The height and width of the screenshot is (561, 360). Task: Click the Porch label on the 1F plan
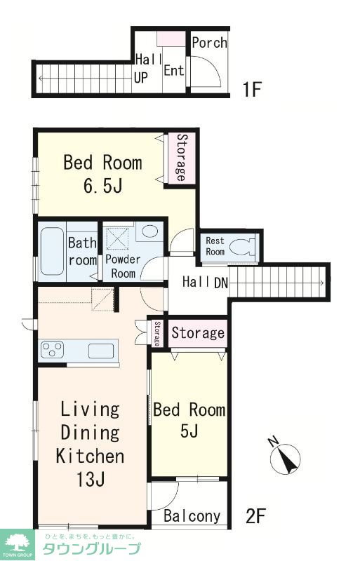(209, 43)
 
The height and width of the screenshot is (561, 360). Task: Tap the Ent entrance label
(174, 70)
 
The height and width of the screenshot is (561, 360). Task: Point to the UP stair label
(141, 78)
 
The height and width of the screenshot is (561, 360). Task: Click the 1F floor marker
(252, 89)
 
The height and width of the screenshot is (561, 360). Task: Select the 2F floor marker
(255, 516)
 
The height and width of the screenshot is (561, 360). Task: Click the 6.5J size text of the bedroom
(103, 185)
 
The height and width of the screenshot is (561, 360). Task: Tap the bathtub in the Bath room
(52, 251)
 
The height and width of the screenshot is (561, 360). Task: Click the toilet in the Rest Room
(242, 247)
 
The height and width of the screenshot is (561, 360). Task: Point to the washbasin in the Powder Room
(149, 231)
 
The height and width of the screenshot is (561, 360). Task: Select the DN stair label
(221, 283)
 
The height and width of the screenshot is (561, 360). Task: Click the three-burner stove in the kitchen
(53, 349)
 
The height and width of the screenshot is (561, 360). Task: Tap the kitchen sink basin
(101, 351)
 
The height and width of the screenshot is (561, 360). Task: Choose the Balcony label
(192, 516)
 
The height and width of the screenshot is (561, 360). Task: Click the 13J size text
(91, 480)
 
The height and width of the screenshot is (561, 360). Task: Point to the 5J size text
(189, 431)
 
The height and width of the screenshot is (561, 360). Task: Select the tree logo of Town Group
(18, 543)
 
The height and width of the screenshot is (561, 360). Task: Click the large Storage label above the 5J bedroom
(198, 333)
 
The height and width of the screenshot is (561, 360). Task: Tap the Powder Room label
(123, 266)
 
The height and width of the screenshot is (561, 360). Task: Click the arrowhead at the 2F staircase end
(321, 283)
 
